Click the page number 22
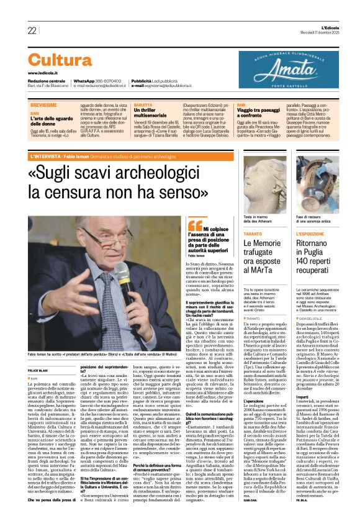tap(32, 31)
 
